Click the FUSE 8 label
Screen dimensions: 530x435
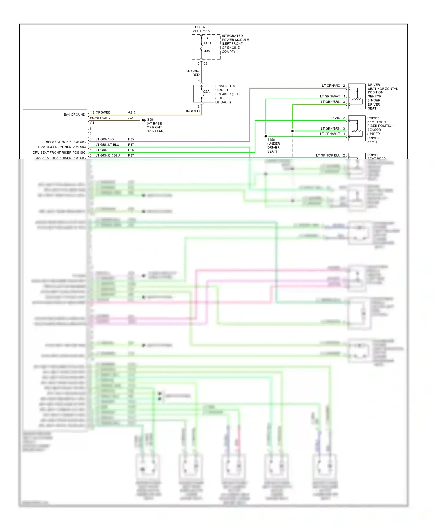pyautogui.click(x=210, y=43)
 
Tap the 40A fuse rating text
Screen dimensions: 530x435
pyautogui.click(x=207, y=51)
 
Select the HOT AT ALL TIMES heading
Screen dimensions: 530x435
pyautogui.click(x=201, y=29)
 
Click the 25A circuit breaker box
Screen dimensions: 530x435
pyautogui.click(x=204, y=93)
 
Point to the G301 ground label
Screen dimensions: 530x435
pyautogui.click(x=151, y=119)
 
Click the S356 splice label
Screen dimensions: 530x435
pyautogui.click(x=271, y=139)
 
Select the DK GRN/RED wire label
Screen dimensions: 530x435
pyautogui.click(x=193, y=73)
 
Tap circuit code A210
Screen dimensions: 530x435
pyautogui.click(x=132, y=112)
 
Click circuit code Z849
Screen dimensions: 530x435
pyautogui.click(x=132, y=118)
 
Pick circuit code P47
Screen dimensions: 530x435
pyautogui.click(x=131, y=144)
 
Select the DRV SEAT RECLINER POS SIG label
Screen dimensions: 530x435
pyautogui.click(x=62, y=147)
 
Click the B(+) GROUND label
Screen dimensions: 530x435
pyautogui.click(x=74, y=115)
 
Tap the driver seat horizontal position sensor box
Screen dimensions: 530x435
pyautogui.click(x=357, y=96)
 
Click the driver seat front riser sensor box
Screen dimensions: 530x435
pyautogui.click(x=357, y=128)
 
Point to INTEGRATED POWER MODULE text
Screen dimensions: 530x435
pyautogui.click(x=235, y=38)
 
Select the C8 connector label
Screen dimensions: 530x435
pyautogui.click(x=206, y=63)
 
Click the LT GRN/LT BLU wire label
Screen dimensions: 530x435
pyautogui.click(x=107, y=144)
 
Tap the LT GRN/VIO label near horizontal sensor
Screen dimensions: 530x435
pyautogui.click(x=331, y=86)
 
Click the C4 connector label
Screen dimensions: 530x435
pyautogui.click(x=92, y=123)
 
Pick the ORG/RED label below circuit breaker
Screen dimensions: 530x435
pyautogui.click(x=192, y=111)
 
